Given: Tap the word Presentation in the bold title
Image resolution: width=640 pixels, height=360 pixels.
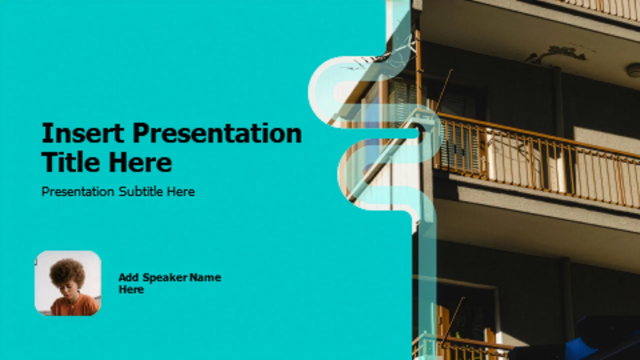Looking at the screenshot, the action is (x=217, y=133).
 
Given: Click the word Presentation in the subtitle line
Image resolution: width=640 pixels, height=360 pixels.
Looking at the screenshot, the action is (x=78, y=192).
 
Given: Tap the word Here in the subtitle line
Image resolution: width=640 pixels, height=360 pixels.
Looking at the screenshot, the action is (x=181, y=191).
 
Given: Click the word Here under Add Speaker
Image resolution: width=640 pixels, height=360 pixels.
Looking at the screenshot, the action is (x=131, y=289).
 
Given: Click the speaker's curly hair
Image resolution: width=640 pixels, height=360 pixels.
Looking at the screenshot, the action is (x=67, y=272).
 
